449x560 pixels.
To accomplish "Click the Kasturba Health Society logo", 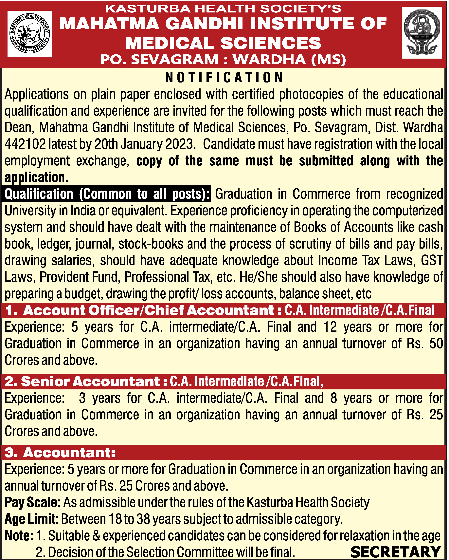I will coord(30,33).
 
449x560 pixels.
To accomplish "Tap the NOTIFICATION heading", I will coord(224,77).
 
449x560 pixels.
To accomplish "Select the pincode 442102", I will coord(25,144).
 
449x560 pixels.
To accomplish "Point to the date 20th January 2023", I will coord(144,144).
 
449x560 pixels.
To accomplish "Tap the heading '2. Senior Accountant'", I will coord(82,381).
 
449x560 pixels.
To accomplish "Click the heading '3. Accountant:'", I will coord(60,453).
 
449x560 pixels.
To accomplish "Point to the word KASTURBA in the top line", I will coord(148,9).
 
